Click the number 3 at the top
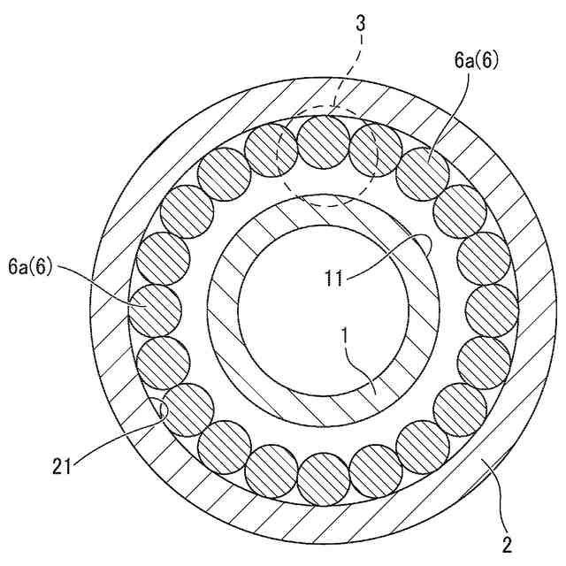[x=361, y=24]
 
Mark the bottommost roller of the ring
[x=324, y=480]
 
